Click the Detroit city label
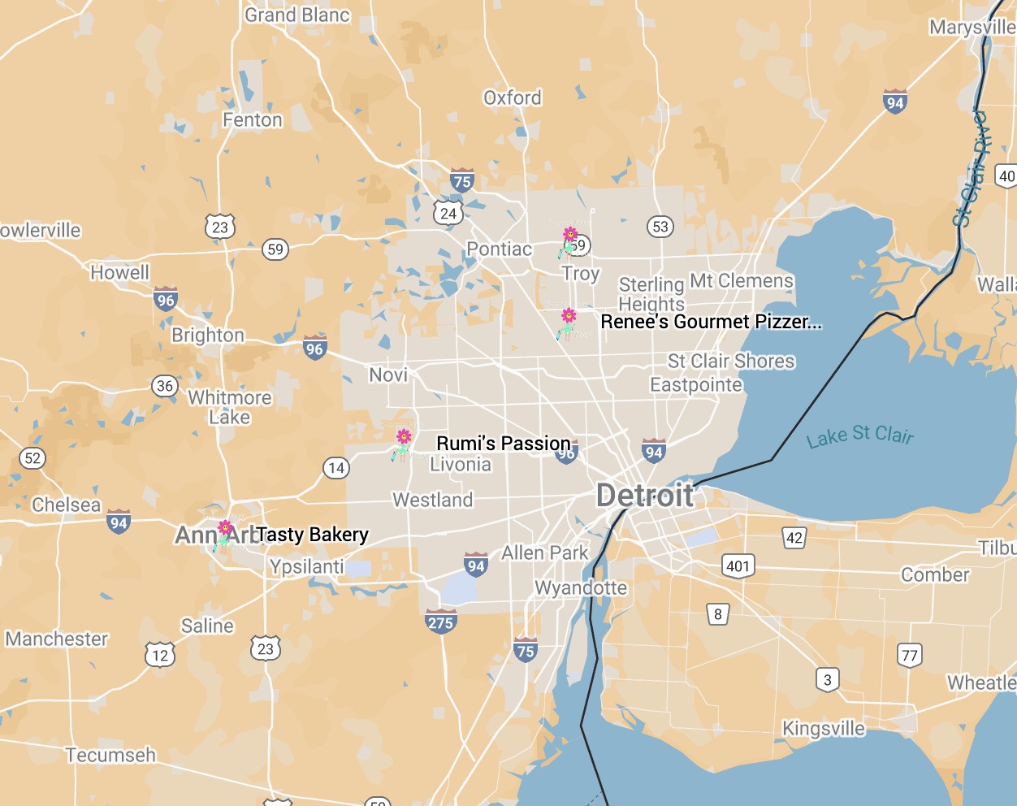pos(645,496)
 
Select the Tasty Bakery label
pos(313,534)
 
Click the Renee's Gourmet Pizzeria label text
pos(711,322)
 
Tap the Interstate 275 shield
pos(441,622)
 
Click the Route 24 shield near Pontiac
pos(448,214)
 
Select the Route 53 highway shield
pos(660,227)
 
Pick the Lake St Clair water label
pos(859,436)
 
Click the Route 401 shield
pos(738,566)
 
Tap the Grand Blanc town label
pos(297,15)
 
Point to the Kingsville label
pos(823,728)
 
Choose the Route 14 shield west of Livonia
pos(336,468)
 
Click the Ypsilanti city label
pos(307,566)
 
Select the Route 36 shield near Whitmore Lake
pos(165,386)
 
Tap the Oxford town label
pos(513,98)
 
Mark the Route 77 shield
pos(910,655)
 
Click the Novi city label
pos(388,375)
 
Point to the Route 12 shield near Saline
pos(160,655)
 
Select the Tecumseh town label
pos(110,756)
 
